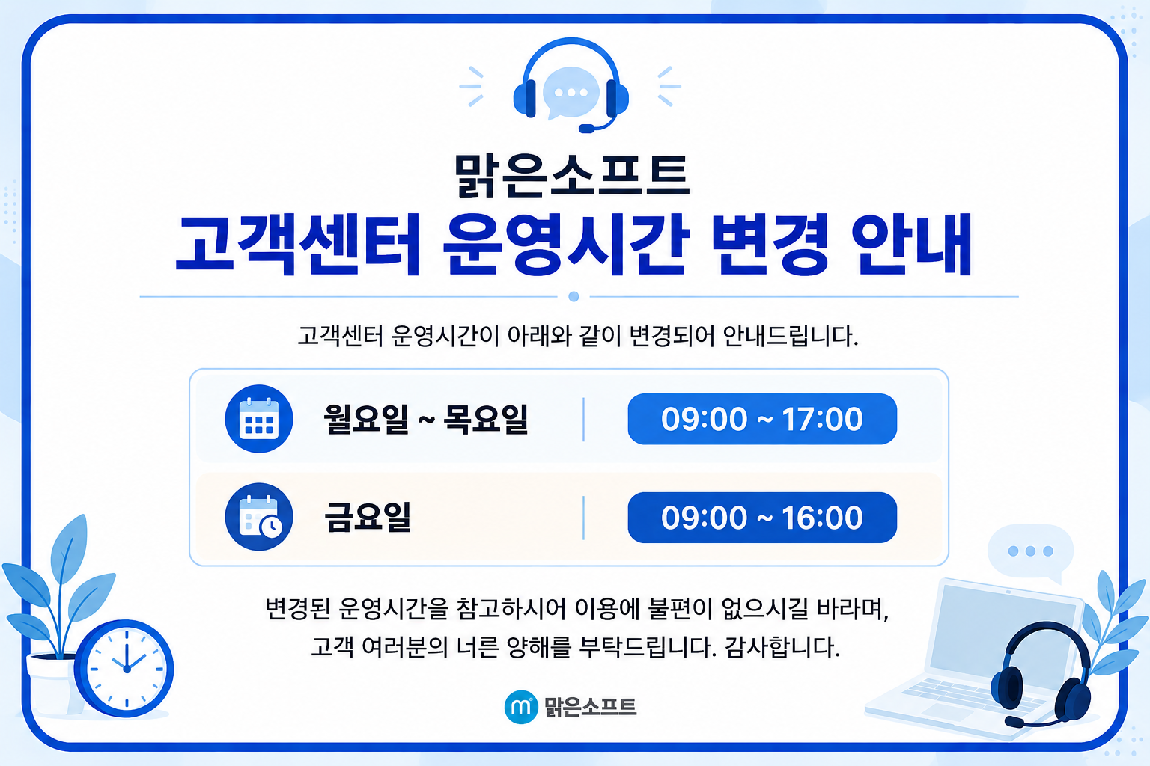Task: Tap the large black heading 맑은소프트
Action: coord(571,176)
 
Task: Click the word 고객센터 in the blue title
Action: coord(298,245)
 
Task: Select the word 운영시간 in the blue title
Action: coord(564,245)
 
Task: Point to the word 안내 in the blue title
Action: coord(912,245)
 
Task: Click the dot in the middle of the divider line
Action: coord(574,296)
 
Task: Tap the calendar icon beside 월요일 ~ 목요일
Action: coord(259,419)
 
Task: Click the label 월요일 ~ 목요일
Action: coord(426,419)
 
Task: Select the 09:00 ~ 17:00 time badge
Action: coord(762,419)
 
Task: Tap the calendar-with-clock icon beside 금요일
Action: coord(259,517)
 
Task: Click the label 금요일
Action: coord(368,517)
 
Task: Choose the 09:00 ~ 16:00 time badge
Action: coord(762,517)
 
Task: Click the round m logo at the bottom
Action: coord(521,706)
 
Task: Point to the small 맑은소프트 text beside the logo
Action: coord(591,707)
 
